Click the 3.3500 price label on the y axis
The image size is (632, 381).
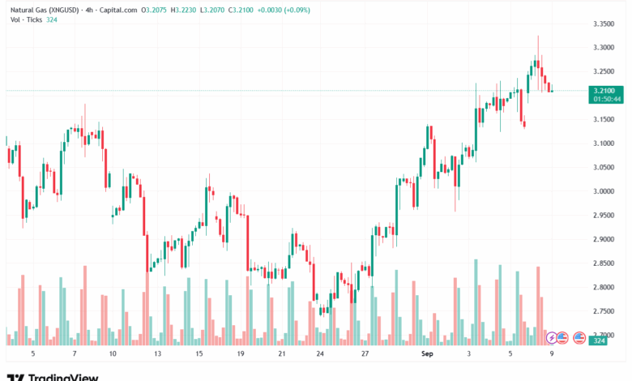pyautogui.click(x=604, y=24)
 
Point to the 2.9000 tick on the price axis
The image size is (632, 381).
pyautogui.click(x=604, y=239)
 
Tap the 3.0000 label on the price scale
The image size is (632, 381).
pyautogui.click(x=604, y=191)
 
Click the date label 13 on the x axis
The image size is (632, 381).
pyautogui.click(x=157, y=354)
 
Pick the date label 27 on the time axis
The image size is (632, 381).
pyautogui.click(x=365, y=354)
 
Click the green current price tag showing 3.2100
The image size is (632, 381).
pyautogui.click(x=604, y=91)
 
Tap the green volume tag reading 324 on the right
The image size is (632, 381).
pyautogui.click(x=599, y=341)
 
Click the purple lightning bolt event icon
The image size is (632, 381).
pyautogui.click(x=552, y=337)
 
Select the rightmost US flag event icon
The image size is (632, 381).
pyautogui.click(x=579, y=337)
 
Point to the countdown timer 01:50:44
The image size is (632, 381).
pyautogui.click(x=604, y=99)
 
